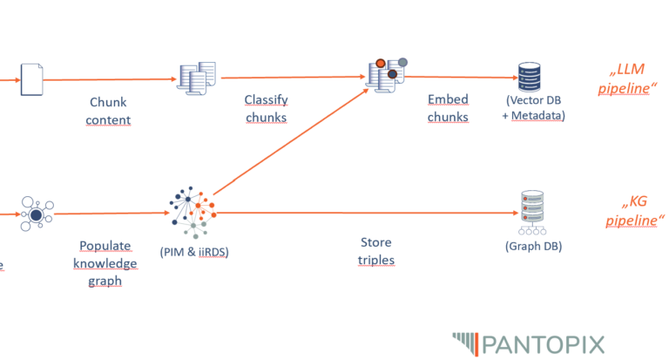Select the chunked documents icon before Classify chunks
tap(197, 78)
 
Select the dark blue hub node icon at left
tap(36, 214)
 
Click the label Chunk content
tap(109, 112)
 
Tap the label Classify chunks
tap(266, 109)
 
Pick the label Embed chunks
tap(448, 109)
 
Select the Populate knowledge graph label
tap(105, 263)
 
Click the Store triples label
tap(375, 251)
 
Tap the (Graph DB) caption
tap(533, 246)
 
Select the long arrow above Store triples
tap(366, 212)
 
